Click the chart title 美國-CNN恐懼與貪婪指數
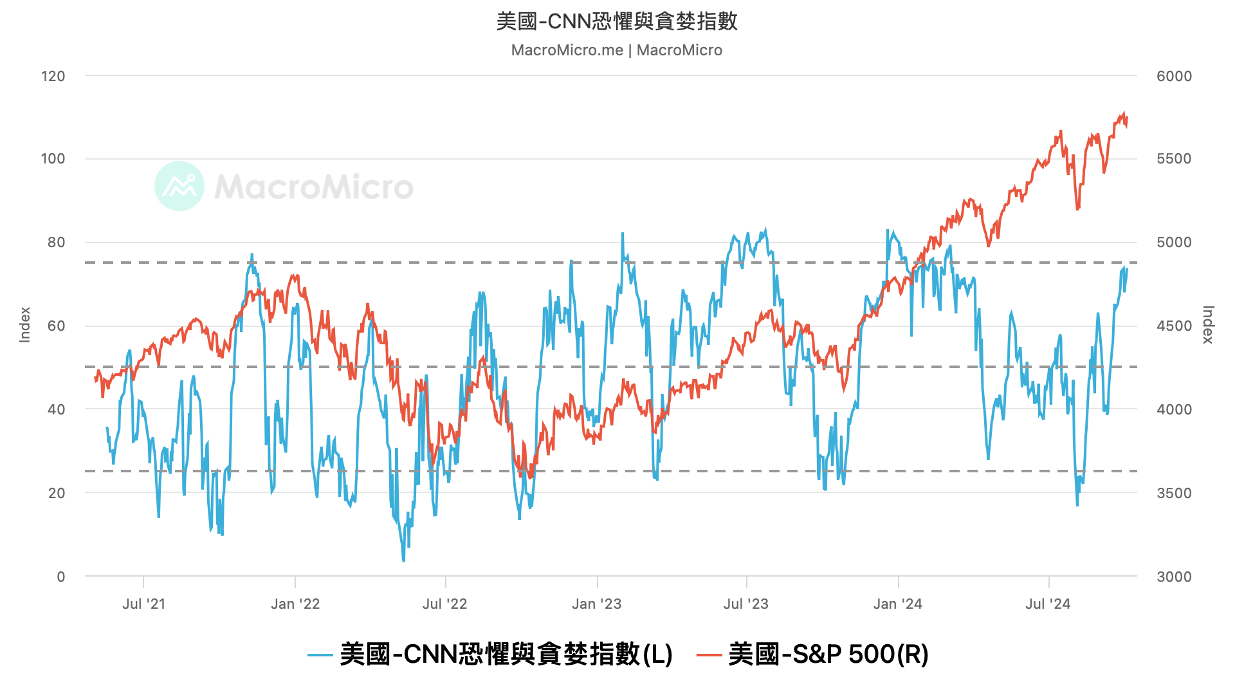pyautogui.click(x=617, y=21)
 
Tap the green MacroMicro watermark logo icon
pyautogui.click(x=179, y=186)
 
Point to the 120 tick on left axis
pyautogui.click(x=53, y=76)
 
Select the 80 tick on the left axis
pyautogui.click(x=56, y=243)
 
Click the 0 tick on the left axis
pyautogui.click(x=61, y=577)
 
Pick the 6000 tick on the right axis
pyautogui.click(x=1174, y=76)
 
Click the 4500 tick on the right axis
pyautogui.click(x=1174, y=326)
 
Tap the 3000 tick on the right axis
pyautogui.click(x=1174, y=577)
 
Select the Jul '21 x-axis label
pyautogui.click(x=143, y=604)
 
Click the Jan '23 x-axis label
pyautogui.click(x=596, y=604)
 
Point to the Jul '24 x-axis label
pyautogui.click(x=1048, y=604)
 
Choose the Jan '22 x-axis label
pyautogui.click(x=295, y=604)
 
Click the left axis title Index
pyautogui.click(x=25, y=325)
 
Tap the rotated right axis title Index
pyautogui.click(x=1208, y=325)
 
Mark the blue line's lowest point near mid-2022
pyautogui.click(x=403, y=561)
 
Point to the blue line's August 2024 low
pyautogui.click(x=1077, y=505)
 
